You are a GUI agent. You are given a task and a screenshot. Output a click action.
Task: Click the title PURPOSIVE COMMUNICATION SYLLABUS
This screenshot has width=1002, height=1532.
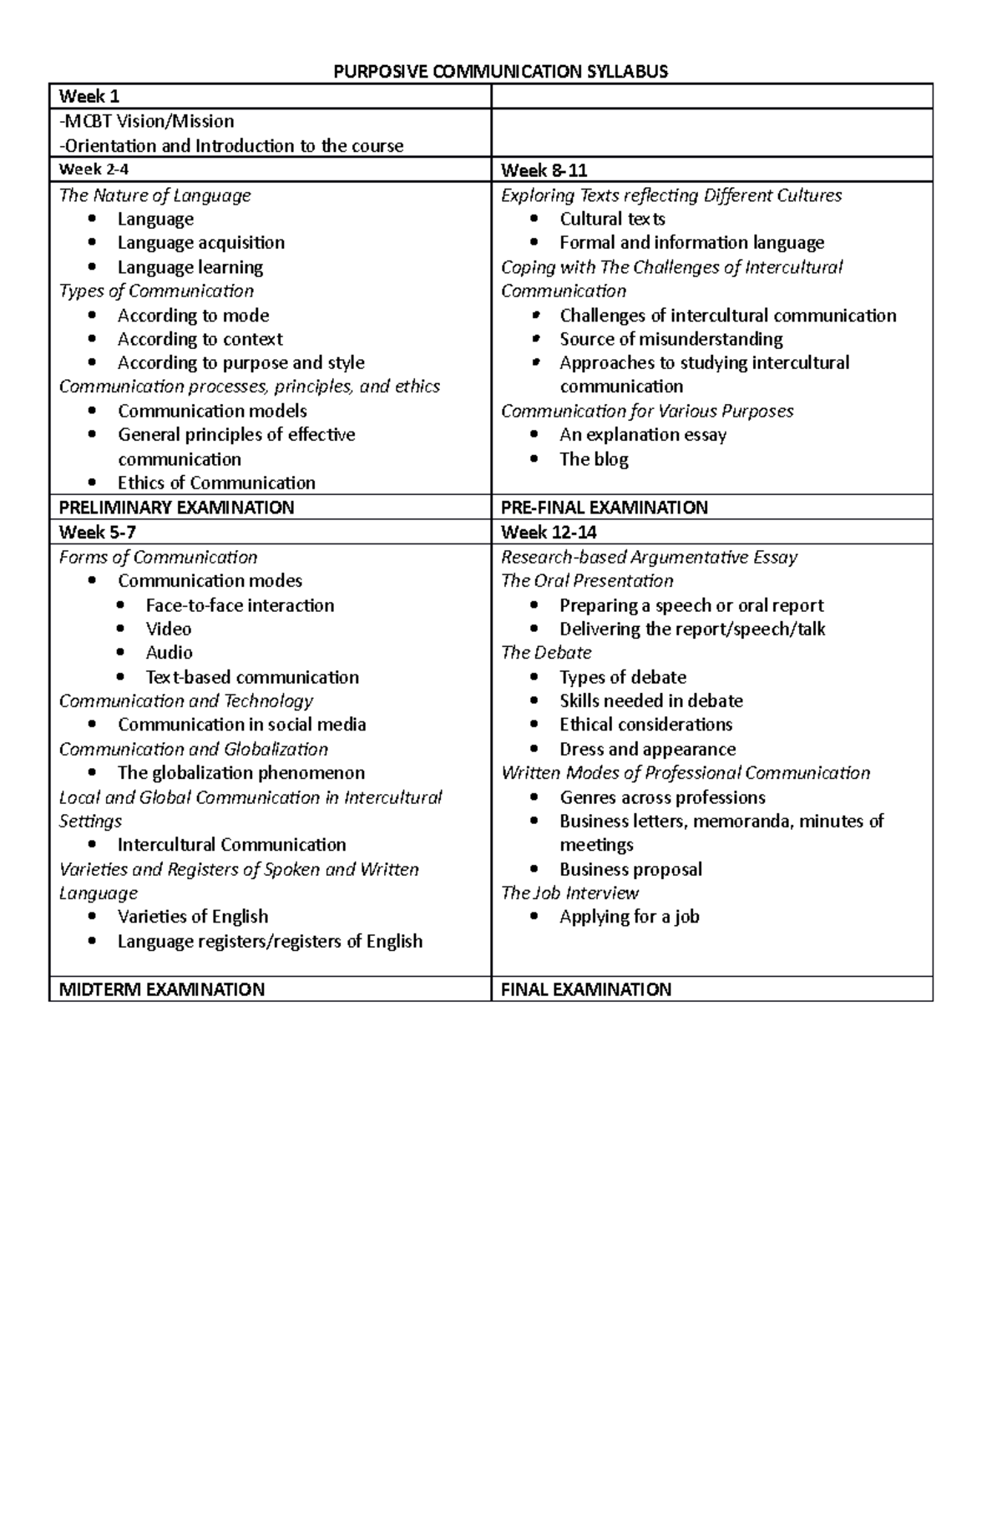click(x=500, y=71)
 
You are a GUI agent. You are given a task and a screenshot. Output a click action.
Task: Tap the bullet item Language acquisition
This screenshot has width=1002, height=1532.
click(x=200, y=243)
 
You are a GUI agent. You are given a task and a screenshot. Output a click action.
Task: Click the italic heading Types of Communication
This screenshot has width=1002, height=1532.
click(x=156, y=291)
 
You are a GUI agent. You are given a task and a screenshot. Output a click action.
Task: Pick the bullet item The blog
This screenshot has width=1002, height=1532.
click(x=594, y=459)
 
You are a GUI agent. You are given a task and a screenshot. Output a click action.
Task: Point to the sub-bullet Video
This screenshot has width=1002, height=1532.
click(x=168, y=629)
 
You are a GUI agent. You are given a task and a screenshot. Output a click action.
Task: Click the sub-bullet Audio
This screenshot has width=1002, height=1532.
click(x=169, y=653)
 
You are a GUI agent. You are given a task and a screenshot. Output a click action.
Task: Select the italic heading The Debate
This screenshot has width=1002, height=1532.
click(x=546, y=653)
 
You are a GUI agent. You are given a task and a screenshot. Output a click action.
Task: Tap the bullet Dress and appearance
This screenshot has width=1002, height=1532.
click(x=647, y=749)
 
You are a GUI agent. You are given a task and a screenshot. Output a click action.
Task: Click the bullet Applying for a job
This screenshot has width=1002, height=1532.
click(x=629, y=917)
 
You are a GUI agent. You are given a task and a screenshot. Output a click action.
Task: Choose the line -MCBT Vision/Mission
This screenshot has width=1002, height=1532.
click(x=146, y=122)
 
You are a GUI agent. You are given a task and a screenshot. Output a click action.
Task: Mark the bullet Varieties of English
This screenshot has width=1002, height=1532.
click(x=193, y=917)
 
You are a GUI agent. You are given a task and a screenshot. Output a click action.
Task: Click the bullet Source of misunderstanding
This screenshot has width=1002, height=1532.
click(x=671, y=339)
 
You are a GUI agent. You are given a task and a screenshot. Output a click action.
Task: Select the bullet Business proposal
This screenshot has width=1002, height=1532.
click(x=630, y=869)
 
